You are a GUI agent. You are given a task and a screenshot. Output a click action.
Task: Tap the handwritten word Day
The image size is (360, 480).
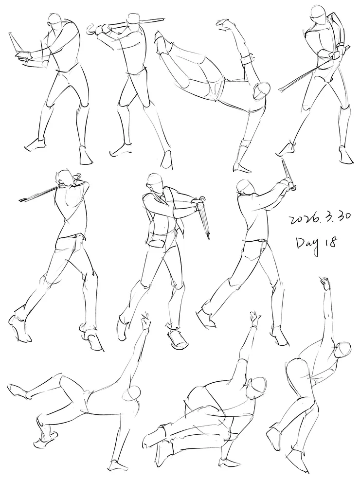pyautogui.click(x=308, y=243)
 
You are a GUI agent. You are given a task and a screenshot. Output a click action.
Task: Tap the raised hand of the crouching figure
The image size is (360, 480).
pyautogui.click(x=255, y=319)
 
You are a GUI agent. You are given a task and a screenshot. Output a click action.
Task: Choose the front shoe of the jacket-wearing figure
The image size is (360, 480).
pyautogui.click(x=177, y=339)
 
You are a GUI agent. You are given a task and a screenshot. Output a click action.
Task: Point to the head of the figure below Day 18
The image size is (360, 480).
pyautogui.click(x=342, y=349)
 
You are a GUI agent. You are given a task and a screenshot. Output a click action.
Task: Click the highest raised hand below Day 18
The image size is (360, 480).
pyautogui.click(x=325, y=282)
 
